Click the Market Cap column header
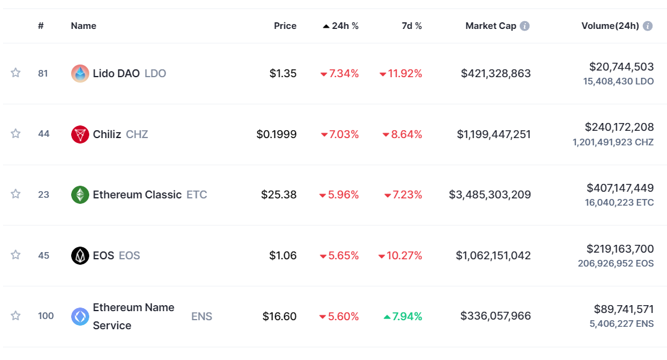click(x=490, y=26)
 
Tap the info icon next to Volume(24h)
click(x=648, y=26)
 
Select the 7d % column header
click(x=411, y=26)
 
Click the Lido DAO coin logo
click(x=80, y=74)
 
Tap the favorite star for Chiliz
click(x=16, y=134)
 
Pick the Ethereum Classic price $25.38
click(x=279, y=195)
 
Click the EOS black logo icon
click(x=80, y=256)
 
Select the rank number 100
click(x=46, y=316)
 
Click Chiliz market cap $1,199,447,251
click(x=493, y=134)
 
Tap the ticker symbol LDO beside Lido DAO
click(x=155, y=74)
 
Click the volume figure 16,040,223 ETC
click(x=619, y=203)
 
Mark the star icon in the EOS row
click(x=16, y=255)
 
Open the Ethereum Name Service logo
click(x=80, y=317)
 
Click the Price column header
click(x=285, y=26)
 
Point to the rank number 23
click(x=43, y=195)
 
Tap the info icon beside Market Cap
click(x=525, y=26)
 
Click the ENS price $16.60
click(x=279, y=317)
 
